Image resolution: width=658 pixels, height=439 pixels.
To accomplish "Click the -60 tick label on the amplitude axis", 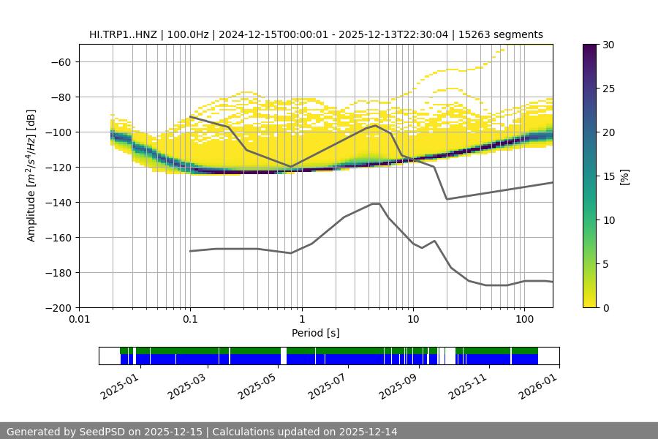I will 60,61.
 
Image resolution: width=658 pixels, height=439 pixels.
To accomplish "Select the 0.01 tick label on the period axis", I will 79,320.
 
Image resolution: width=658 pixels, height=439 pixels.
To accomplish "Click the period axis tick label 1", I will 301,320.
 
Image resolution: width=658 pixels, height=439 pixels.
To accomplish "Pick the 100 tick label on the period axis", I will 524,320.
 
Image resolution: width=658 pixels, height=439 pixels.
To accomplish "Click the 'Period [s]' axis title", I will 315,333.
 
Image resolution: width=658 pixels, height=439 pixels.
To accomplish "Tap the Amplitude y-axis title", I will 31,176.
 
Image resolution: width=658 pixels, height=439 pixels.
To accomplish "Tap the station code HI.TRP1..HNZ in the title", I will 125,34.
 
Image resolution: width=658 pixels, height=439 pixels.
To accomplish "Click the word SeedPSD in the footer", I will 102,432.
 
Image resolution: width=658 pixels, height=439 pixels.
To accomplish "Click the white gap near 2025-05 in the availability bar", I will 284,356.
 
